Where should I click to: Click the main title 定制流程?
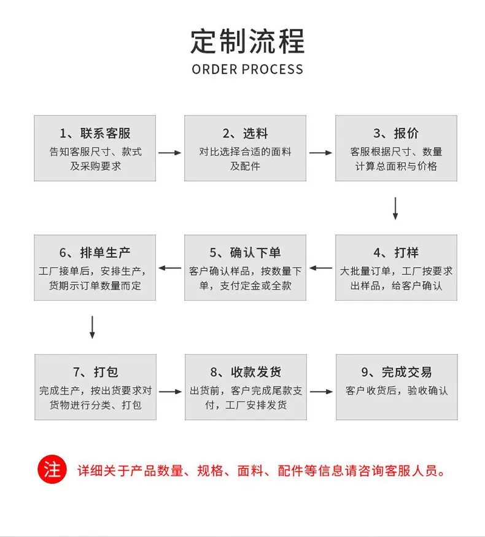[x=247, y=42]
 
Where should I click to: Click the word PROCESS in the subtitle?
[x=273, y=69]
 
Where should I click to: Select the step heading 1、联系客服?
[x=95, y=133]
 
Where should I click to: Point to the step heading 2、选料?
[x=245, y=133]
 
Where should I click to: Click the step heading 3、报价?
[x=396, y=133]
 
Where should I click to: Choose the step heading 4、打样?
[x=396, y=253]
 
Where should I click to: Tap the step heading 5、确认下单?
[x=245, y=253]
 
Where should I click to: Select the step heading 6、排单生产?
[x=95, y=253]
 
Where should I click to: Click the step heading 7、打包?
[x=96, y=372]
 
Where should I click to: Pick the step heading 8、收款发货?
[x=246, y=372]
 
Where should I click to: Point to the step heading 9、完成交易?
[x=397, y=372]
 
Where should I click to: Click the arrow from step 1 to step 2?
[x=170, y=153]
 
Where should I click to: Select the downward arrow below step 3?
[x=395, y=208]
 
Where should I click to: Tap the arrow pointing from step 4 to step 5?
[x=320, y=268]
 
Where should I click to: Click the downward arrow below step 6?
[x=92, y=327]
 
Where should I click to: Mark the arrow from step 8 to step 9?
[x=321, y=392]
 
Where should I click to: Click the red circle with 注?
[x=52, y=469]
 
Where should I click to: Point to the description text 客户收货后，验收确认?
[x=397, y=390]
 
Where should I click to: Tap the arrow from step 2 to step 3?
[x=320, y=153]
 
